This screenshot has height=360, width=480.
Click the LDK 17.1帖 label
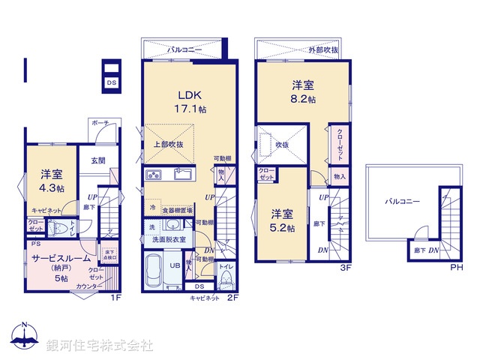pyautogui.click(x=190, y=101)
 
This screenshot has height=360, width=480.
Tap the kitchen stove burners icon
pyautogui.click(x=154, y=176)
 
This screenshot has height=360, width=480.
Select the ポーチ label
pyautogui.click(x=100, y=123)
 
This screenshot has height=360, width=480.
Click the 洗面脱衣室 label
pyautogui.click(x=169, y=239)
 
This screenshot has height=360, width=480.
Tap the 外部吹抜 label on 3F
pyautogui.click(x=323, y=49)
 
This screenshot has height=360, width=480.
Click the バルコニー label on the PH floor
pyautogui.click(x=402, y=201)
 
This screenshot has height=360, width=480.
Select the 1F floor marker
pyautogui.click(x=115, y=298)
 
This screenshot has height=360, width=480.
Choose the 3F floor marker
pyautogui.click(x=346, y=268)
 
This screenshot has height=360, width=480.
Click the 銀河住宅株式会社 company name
pyautogui.click(x=100, y=345)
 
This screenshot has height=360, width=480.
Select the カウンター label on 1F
pyautogui.click(x=89, y=286)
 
